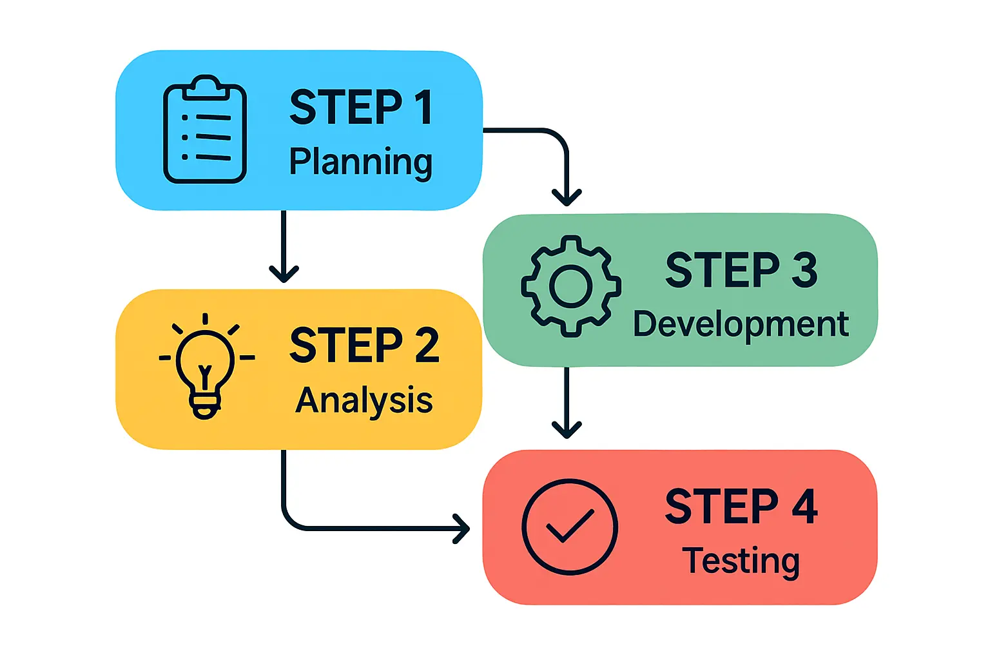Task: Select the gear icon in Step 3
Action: [571, 286]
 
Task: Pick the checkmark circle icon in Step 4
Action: [570, 527]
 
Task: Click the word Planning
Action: [360, 162]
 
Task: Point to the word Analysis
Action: [364, 401]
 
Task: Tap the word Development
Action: [741, 324]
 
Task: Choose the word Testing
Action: [741, 561]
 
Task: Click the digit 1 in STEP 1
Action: [423, 108]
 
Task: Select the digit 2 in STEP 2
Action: [427, 345]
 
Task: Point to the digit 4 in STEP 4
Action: [804, 507]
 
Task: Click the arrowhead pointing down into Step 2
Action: [284, 273]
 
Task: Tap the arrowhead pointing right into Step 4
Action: [463, 529]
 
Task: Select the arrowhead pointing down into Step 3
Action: [567, 197]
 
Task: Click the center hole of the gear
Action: [571, 286]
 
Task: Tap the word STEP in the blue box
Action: [346, 108]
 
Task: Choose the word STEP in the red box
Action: [722, 507]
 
